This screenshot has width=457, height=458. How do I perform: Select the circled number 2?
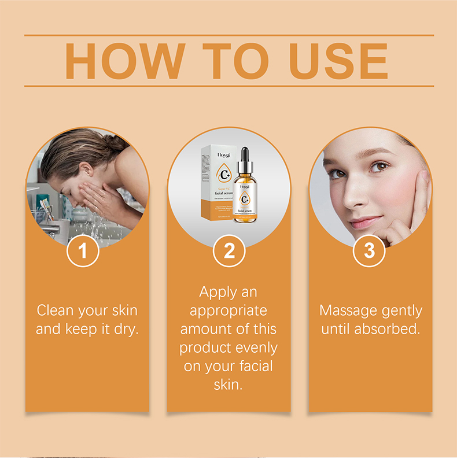tap(229, 251)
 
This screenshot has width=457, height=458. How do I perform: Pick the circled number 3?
tap(370, 251)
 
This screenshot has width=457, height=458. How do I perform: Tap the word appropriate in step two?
tap(228, 311)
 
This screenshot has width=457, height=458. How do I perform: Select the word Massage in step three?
tap(347, 311)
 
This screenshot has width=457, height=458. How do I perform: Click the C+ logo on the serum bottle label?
tap(245, 200)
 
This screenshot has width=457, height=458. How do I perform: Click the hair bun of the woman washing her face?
tap(116, 141)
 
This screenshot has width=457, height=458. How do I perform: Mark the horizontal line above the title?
tap(228, 35)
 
